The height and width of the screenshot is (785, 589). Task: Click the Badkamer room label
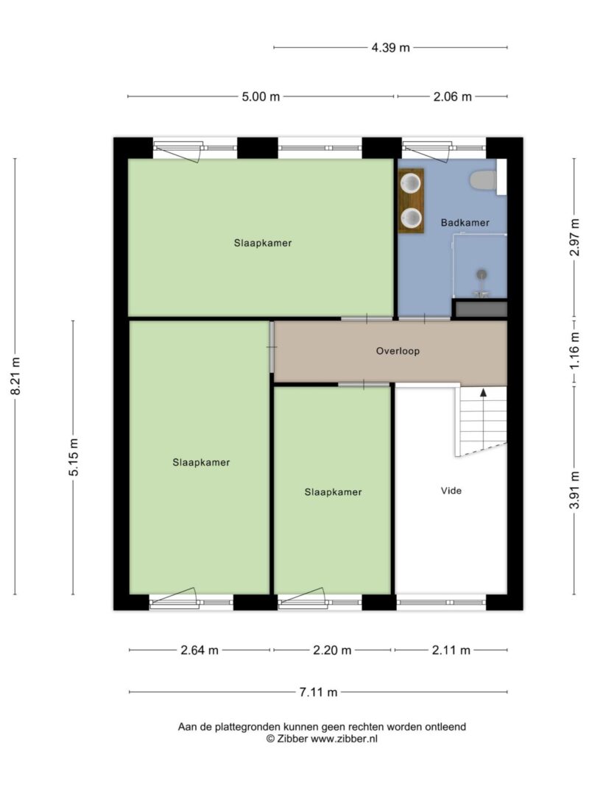465,223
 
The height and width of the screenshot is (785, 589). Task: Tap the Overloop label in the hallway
398,351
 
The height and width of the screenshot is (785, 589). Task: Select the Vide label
451,491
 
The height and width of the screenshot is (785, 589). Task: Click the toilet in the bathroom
483,180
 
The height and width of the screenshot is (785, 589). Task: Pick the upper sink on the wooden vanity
412,183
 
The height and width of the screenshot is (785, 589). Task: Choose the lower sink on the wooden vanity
412,217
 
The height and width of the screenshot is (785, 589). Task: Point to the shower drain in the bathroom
482,274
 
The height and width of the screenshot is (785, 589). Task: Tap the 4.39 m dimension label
391,48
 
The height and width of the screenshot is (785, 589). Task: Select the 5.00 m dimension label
261,96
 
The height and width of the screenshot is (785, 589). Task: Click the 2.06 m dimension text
452,96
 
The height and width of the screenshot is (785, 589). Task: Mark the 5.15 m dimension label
74,457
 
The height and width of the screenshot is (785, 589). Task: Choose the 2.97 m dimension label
574,238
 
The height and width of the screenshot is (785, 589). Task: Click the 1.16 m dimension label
574,350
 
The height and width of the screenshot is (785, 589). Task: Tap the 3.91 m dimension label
574,490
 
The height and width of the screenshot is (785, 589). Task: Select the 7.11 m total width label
319,692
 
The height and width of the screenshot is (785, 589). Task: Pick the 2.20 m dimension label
332,650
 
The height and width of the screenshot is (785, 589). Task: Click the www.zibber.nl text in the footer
344,739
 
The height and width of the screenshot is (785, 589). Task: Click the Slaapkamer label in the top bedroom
262,243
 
